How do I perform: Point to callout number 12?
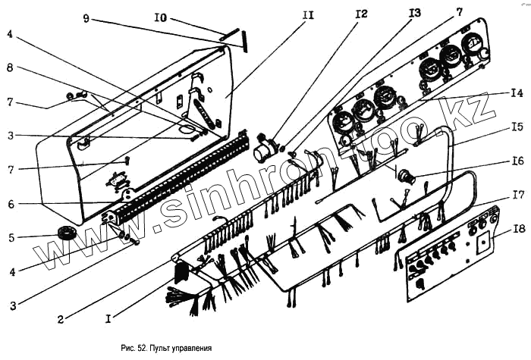[x=360, y=14]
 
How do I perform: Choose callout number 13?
[x=414, y=14]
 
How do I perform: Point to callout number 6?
[x=11, y=204]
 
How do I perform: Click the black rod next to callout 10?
[x=247, y=40]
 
